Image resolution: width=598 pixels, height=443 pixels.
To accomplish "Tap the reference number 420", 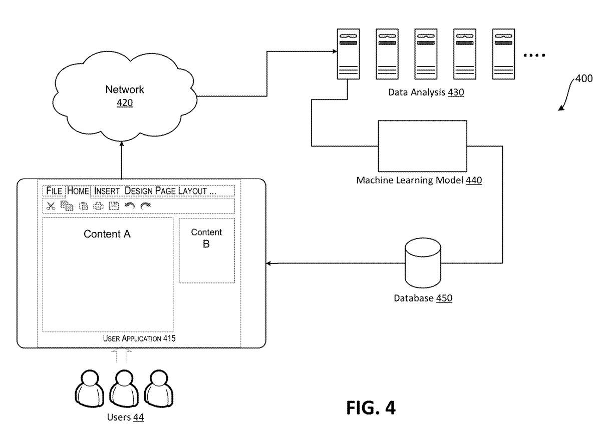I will pos(124,103).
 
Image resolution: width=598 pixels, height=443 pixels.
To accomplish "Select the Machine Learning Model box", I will pos(422,145).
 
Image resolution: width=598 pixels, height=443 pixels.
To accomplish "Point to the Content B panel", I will pos(206,250).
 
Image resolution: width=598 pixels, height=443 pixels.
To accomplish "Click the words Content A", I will pos(107,234).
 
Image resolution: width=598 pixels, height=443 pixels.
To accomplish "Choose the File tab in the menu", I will pos(54,190).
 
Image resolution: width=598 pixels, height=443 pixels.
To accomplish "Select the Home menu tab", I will pos(78,190).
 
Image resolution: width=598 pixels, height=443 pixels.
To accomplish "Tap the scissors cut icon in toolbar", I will pos(51,205).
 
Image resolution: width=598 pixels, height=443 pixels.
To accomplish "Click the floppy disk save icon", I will pos(114,205).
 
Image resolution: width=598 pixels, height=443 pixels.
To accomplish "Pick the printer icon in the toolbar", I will pos(98,205).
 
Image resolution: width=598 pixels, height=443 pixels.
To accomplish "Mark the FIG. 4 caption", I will pos(371,407).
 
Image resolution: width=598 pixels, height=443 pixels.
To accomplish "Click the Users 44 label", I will pos(125,417).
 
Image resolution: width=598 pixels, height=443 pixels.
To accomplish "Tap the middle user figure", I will pos(121,389).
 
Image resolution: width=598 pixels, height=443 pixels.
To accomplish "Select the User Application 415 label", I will pos(139,338).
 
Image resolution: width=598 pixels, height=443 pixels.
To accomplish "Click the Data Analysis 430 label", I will pos(426,92).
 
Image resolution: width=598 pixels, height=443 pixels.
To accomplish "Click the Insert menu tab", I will pos(107,190).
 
